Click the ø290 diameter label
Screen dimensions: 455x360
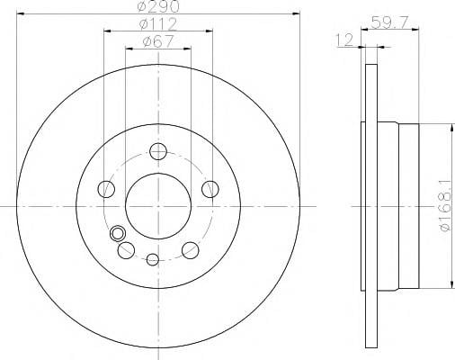click(x=158, y=6)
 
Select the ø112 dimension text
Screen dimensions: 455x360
click(x=158, y=24)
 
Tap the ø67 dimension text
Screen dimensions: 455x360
click(x=158, y=41)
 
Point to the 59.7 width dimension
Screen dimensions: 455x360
click(x=389, y=22)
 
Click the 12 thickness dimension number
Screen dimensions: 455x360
click(x=344, y=40)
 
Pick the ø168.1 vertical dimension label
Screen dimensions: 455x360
click(x=445, y=206)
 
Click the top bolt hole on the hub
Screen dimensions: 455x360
click(x=158, y=151)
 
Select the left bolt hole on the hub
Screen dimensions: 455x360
click(x=106, y=189)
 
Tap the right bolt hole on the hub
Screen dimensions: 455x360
click(x=210, y=189)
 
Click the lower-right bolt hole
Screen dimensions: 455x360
click(x=191, y=250)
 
